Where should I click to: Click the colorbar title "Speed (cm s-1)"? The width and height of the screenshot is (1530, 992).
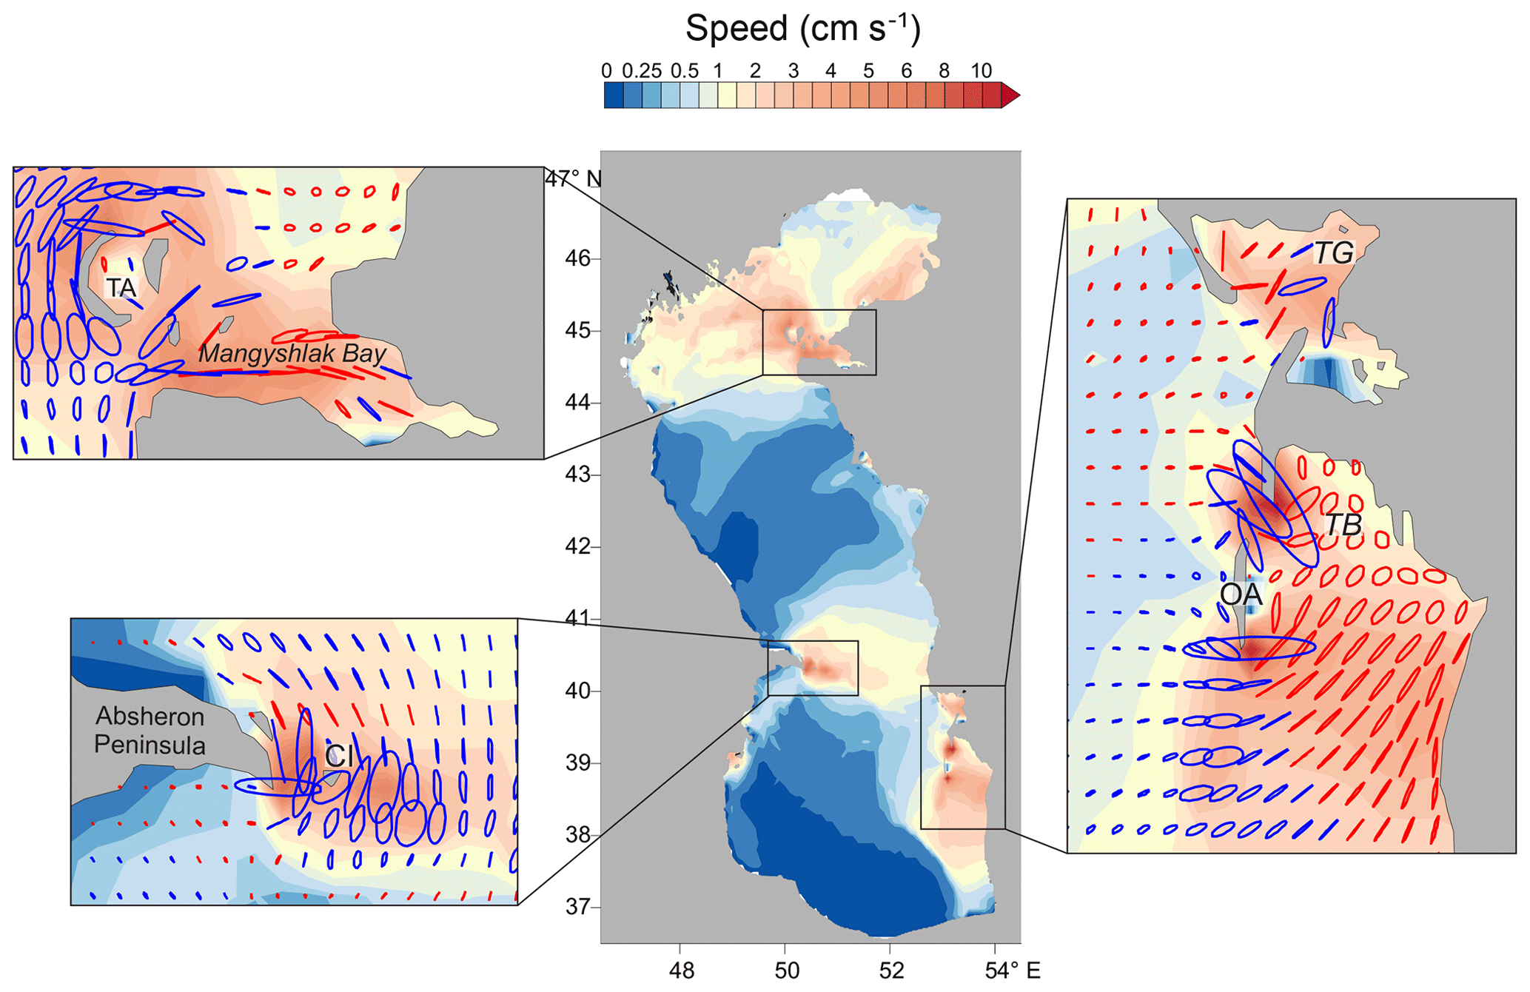[x=802, y=30]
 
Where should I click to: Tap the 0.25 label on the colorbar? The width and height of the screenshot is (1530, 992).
[x=642, y=71]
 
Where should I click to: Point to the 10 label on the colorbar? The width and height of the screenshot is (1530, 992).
[x=981, y=71]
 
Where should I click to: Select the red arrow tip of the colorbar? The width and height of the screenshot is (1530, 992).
[x=1010, y=95]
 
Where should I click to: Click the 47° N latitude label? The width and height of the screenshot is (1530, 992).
[x=574, y=179]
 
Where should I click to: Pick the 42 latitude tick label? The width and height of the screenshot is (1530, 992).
[x=578, y=546]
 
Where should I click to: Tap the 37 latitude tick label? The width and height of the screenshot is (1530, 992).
[x=578, y=906]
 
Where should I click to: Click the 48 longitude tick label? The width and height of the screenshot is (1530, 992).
[x=681, y=971]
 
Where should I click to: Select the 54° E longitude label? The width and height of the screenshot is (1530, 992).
[x=1013, y=971]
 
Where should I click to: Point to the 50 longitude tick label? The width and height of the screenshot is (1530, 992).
[x=786, y=971]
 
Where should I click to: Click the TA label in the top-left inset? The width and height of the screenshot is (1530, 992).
[x=121, y=288]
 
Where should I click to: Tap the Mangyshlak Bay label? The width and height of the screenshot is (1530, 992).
[x=292, y=354]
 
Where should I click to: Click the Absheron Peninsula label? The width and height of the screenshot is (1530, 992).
[x=150, y=731]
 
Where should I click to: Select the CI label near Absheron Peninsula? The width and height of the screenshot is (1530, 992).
[x=339, y=756]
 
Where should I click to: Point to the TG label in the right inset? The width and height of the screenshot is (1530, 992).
[x=1334, y=253]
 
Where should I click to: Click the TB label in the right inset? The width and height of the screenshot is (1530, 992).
[x=1343, y=525]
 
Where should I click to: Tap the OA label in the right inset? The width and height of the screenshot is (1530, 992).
[x=1241, y=594]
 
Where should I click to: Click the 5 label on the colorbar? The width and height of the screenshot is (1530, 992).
[x=868, y=71]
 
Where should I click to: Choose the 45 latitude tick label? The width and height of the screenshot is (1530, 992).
[x=578, y=330]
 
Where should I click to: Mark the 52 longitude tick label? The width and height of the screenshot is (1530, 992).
[x=891, y=971]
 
